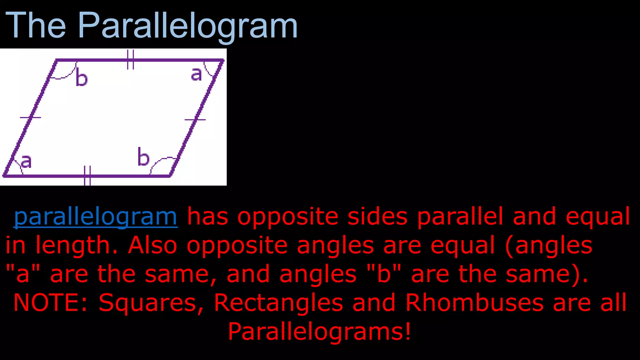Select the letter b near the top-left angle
82,79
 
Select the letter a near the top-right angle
196,74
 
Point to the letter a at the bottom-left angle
26,162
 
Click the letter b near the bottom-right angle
143,157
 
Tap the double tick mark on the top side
131,59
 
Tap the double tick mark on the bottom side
87,176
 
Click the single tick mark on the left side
30,117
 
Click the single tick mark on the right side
195,120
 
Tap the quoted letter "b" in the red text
384,273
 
